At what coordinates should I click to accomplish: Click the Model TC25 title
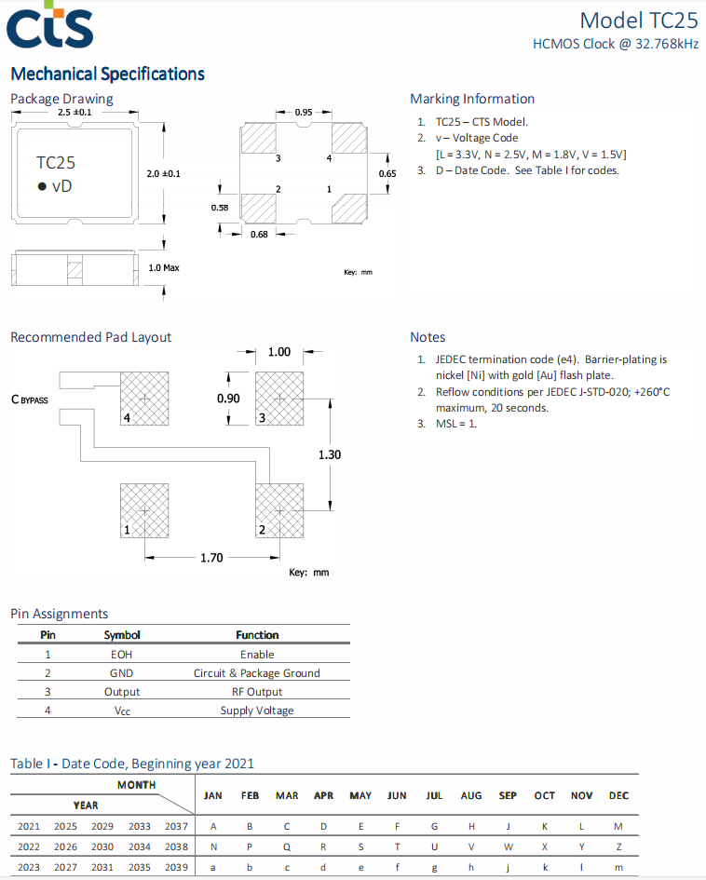638,20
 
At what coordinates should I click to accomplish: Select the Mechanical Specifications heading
107,74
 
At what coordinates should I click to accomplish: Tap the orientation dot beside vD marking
42,187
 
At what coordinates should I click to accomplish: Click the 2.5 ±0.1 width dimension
75,113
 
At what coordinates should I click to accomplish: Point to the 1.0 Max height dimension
164,267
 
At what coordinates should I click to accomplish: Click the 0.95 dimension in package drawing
304,113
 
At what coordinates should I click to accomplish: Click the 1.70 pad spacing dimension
211,558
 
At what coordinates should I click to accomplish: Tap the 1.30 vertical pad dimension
330,454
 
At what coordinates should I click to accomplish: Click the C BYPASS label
30,399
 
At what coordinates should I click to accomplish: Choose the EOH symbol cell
122,655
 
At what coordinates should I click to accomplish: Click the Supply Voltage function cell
257,711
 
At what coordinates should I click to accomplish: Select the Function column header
257,635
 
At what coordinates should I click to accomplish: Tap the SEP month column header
508,795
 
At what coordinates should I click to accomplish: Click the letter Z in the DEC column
618,847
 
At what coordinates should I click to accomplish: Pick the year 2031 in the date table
102,868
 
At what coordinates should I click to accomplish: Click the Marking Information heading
472,99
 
